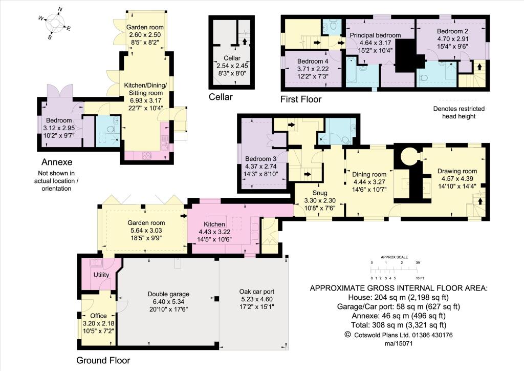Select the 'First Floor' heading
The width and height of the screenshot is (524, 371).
pyautogui.click(x=301, y=99)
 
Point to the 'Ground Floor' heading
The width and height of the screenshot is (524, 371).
pyautogui.click(x=103, y=360)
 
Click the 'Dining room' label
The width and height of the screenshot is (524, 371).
pyautogui.click(x=369, y=181)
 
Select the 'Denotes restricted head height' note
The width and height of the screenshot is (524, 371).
pyautogui.click(x=458, y=112)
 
